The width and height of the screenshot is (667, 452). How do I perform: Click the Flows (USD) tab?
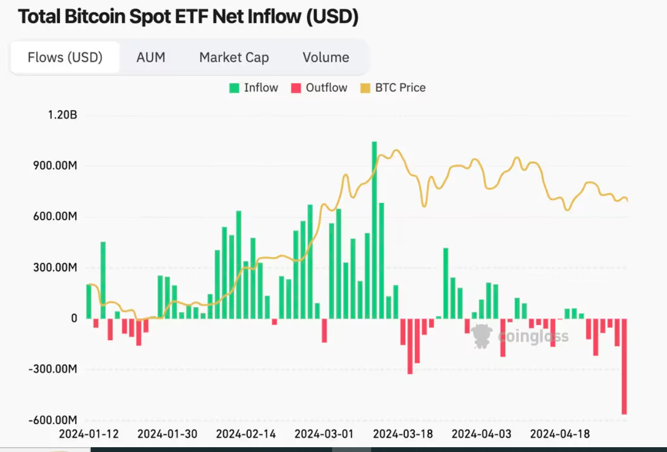point(65,57)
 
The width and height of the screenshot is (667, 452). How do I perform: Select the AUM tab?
point(151,57)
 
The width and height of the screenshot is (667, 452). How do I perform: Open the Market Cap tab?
point(234,57)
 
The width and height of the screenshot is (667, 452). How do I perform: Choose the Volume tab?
point(326,57)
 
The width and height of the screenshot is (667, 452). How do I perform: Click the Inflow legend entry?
point(254,88)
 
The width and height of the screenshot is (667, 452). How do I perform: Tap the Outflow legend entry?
point(319,88)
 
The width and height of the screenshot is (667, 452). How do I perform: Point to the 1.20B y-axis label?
point(62,115)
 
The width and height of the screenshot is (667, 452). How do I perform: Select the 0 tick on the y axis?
point(74,318)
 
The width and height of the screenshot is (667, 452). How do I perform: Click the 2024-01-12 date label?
point(89,434)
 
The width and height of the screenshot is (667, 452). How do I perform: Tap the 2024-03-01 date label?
point(324,434)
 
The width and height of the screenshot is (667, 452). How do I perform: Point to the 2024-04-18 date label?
point(560,434)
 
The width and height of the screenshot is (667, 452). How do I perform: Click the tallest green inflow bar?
point(374,230)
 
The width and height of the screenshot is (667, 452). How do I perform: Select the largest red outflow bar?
point(624,366)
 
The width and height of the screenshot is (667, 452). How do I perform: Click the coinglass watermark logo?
point(482,336)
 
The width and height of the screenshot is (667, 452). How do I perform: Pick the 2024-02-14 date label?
point(246,434)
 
